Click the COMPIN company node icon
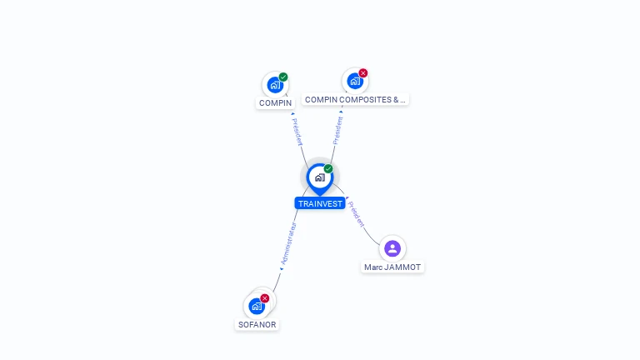click(274, 85)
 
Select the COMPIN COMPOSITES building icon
click(354, 82)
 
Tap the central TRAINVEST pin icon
click(319, 177)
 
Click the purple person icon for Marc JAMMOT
click(392, 248)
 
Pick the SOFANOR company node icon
click(257, 307)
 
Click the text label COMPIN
click(275, 103)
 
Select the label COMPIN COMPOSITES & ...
click(355, 100)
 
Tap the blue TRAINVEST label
click(320, 203)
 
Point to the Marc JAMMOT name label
click(392, 267)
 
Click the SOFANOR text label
click(257, 325)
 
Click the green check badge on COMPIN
click(283, 77)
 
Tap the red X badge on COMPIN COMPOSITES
click(363, 73)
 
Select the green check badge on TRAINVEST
click(328, 169)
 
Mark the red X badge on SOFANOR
click(265, 298)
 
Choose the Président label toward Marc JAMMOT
click(357, 214)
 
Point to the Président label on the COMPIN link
click(297, 132)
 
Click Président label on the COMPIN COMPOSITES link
click(337, 130)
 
